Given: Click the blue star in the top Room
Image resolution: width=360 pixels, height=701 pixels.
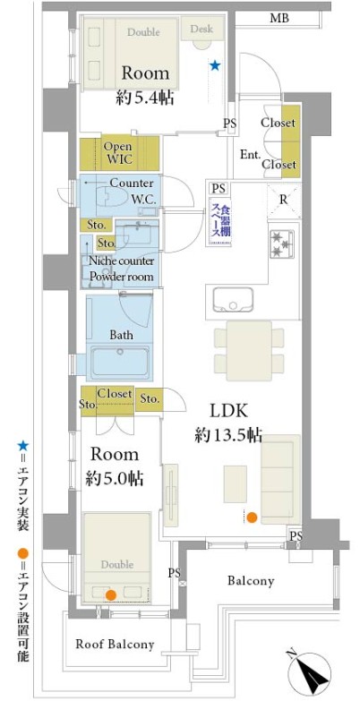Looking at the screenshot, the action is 215,66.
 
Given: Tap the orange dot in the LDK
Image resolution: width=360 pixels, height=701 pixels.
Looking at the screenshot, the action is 253,517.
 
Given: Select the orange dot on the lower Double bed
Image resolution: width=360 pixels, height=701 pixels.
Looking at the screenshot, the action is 110,594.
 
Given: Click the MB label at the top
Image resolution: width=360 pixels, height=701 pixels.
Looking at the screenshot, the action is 279,18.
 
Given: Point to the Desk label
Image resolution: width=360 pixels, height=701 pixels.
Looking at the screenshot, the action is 201,29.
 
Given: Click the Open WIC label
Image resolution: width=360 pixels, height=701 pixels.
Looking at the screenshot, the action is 118,152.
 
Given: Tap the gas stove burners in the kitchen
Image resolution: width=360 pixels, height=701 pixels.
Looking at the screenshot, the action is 281,244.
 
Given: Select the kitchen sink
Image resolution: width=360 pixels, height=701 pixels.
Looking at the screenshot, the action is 233,300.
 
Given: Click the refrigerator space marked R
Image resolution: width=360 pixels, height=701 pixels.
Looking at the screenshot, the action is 284,201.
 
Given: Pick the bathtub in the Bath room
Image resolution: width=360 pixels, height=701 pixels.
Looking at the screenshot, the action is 120,360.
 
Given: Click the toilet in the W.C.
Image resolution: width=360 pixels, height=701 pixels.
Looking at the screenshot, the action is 109,196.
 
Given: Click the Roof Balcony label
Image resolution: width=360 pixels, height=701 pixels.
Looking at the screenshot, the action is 115,645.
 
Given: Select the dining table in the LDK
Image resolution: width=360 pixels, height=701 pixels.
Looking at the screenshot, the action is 249,351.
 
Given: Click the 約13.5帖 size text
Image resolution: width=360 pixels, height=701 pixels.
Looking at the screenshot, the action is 228,435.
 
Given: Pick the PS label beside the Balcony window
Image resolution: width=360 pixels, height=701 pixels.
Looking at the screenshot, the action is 296,535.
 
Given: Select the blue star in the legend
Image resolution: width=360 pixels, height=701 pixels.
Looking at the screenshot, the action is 22,445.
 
